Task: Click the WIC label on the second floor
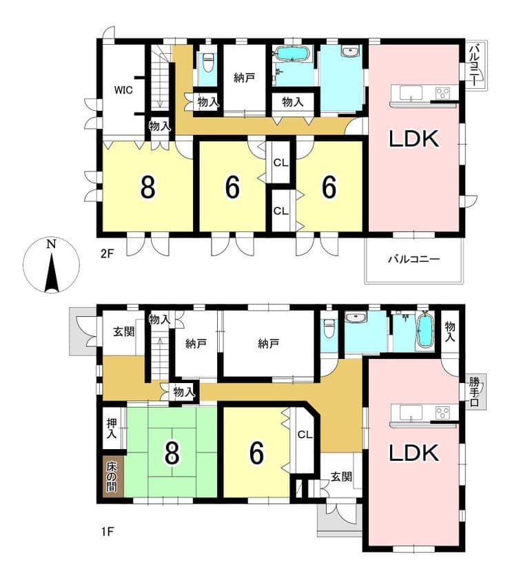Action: coord(123,90)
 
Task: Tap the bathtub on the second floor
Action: coord(292,54)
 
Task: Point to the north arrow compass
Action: coord(51,265)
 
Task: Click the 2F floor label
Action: coord(108,254)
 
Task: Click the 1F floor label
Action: coord(108,532)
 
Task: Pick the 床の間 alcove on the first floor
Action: coord(111,477)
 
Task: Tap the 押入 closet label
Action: coord(112,428)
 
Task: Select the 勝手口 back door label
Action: coord(474,392)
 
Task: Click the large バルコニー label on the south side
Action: coord(414,259)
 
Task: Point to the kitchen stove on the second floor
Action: coord(442,92)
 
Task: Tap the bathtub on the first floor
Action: coord(425,330)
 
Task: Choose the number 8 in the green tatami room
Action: coord(172,453)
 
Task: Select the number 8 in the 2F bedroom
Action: coord(148,187)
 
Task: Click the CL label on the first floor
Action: coord(305,434)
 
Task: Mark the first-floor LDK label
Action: coord(414,453)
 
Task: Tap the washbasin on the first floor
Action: coord(355,318)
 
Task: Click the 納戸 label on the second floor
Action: coord(244,78)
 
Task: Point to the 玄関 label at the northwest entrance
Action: coord(123,331)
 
